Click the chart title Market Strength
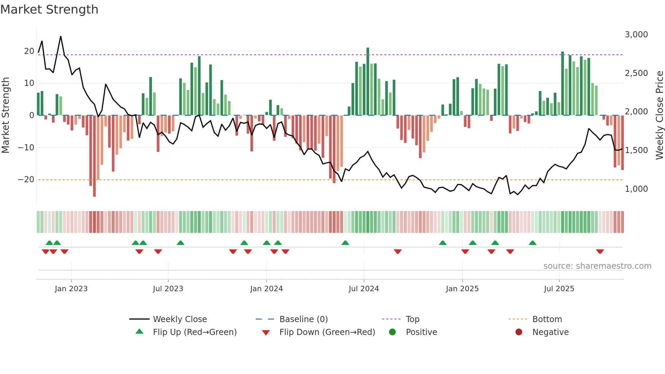(49, 10)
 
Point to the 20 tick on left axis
(29, 51)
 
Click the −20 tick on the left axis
(26, 180)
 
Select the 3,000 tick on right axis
(636, 35)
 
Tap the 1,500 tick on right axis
(636, 150)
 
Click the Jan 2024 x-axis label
(266, 289)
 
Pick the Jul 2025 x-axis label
(559, 289)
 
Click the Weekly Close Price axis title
(659, 115)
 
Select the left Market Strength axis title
(5, 115)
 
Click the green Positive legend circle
(392, 332)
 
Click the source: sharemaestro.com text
(597, 266)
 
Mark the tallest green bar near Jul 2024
(368, 81)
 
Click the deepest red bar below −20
(94, 156)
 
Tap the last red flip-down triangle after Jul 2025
(600, 251)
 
